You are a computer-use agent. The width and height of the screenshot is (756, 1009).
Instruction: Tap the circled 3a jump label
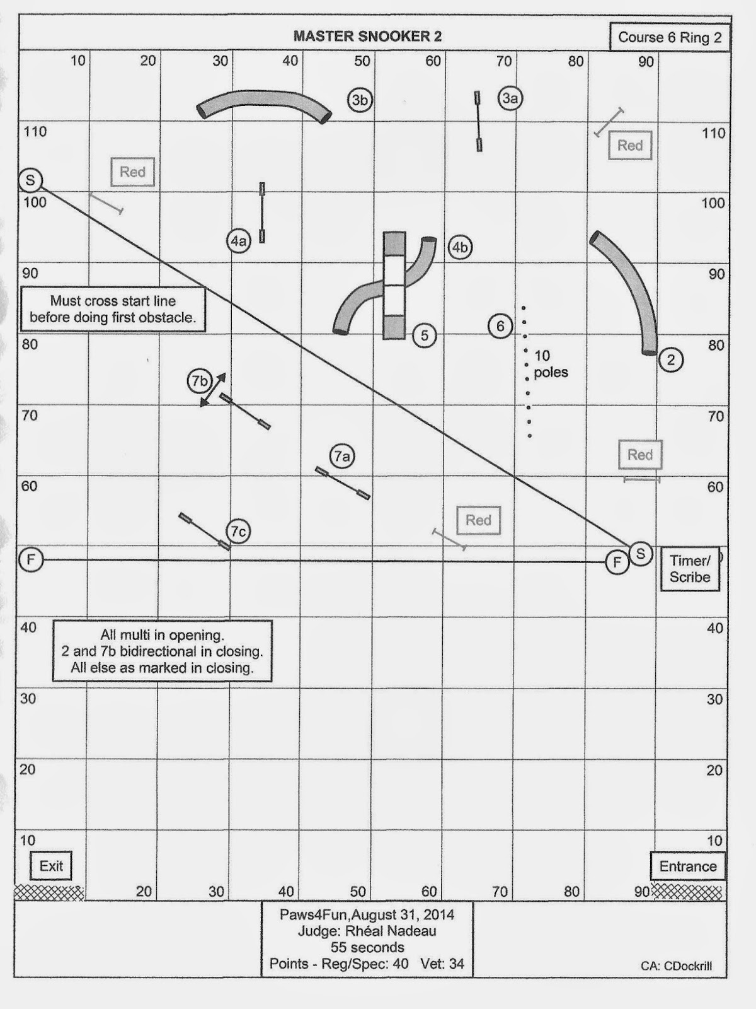(x=510, y=98)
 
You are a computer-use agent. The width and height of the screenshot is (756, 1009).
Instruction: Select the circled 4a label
(x=239, y=241)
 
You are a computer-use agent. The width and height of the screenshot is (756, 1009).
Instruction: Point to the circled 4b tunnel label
(x=460, y=247)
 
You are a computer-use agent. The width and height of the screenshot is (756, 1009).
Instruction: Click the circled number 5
(x=425, y=335)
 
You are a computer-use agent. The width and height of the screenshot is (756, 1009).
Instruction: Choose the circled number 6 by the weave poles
(x=500, y=326)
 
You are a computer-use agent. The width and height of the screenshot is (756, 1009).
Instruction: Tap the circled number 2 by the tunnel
(x=670, y=359)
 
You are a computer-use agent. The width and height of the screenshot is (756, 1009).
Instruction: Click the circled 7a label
(x=342, y=456)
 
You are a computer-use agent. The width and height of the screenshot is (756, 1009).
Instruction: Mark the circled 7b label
(x=200, y=382)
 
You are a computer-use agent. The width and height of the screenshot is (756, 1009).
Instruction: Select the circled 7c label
(x=238, y=532)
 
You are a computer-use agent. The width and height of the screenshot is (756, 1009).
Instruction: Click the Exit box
(x=51, y=866)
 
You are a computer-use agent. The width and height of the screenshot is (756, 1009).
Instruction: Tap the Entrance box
(x=687, y=866)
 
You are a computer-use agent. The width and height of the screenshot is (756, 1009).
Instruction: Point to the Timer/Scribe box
(x=690, y=569)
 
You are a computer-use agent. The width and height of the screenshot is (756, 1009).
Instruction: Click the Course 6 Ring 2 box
(x=670, y=37)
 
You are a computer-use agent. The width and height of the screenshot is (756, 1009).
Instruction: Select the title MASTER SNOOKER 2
(x=367, y=37)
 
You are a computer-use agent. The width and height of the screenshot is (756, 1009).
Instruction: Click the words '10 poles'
(x=551, y=364)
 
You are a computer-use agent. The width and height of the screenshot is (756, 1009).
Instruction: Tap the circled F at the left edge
(x=31, y=559)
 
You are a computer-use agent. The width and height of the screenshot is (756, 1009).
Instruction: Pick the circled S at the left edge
(x=30, y=180)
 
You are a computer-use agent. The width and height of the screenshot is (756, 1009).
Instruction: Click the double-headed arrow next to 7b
(x=213, y=390)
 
